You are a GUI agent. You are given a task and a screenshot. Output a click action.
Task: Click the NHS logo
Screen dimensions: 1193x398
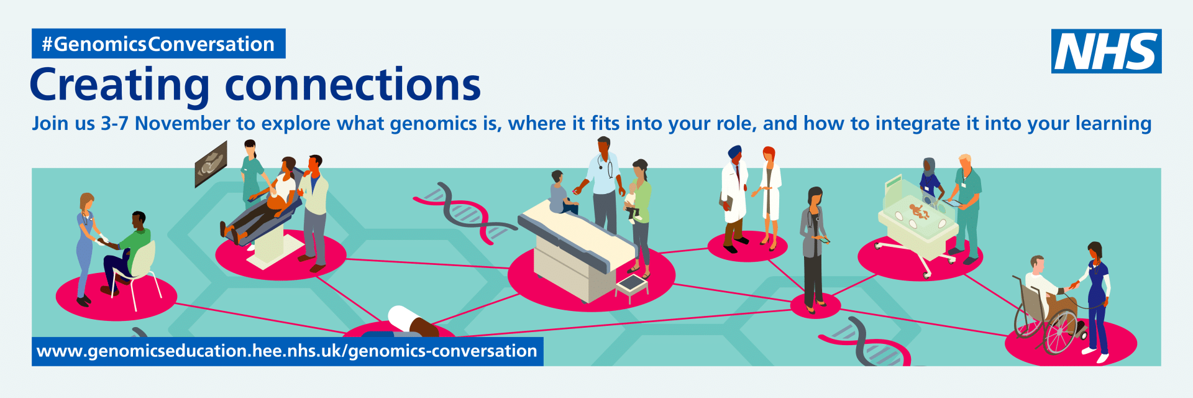1106,51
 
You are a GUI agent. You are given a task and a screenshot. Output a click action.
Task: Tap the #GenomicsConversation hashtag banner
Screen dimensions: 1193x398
158,44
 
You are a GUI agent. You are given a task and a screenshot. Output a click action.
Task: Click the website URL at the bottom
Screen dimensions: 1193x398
287,351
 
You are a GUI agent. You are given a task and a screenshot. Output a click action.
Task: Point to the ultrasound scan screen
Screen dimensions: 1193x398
211,164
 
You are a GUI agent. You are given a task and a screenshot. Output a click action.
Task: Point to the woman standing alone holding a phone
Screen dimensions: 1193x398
813,249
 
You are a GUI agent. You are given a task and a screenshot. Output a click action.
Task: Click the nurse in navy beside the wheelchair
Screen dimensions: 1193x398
1097,302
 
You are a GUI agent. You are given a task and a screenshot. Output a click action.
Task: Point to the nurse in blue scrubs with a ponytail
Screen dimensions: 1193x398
86,249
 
